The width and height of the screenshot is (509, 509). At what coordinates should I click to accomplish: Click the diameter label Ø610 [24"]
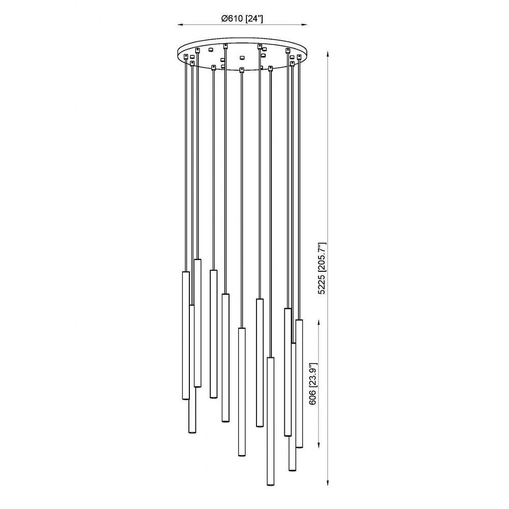tap(242, 19)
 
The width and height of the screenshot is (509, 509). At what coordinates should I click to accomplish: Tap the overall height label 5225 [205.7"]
tap(322, 268)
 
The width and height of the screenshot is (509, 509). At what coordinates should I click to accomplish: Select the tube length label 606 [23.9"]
tap(313, 384)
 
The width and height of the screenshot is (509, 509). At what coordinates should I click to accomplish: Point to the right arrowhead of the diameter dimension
tap(304, 24)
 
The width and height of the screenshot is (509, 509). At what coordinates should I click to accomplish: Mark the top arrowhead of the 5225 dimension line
tap(328, 55)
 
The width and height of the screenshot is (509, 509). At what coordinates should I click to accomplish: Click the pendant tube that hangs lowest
tap(270, 421)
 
